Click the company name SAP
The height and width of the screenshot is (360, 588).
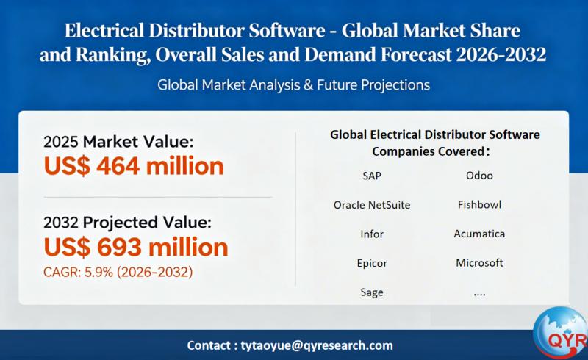tap(372, 176)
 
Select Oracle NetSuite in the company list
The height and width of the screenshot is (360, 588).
tap(372, 205)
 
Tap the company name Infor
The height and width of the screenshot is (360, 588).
tap(372, 234)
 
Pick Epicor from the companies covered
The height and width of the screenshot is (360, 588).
tap(372, 263)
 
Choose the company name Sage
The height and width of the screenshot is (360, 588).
tap(372, 292)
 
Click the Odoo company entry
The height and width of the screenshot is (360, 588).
tap(479, 176)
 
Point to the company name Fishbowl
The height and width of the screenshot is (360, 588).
tap(479, 205)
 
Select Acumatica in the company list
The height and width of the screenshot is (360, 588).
tap(479, 234)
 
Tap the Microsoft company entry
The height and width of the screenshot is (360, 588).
tap(479, 263)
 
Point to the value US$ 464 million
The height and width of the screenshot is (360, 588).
tap(134, 166)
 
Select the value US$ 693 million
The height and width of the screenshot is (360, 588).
tap(136, 245)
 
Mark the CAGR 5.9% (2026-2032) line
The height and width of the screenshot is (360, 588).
tap(118, 273)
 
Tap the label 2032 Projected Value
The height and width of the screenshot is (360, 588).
tap(127, 222)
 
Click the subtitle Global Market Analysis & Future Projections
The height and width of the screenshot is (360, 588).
tap(293, 85)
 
